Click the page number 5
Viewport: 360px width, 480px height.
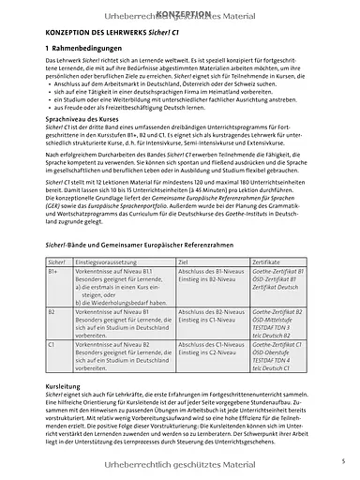pyautogui.click(x=343, y=459)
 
